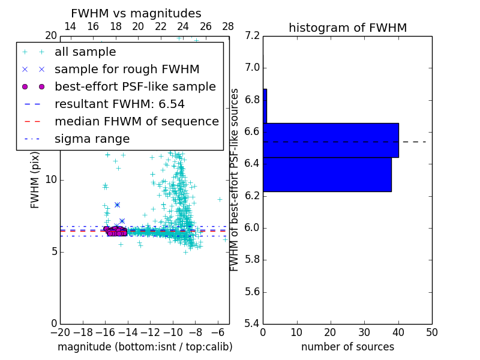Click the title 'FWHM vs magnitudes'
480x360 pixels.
coord(136,13)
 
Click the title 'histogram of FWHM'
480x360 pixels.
coord(347,28)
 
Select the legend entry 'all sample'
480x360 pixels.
coord(85,52)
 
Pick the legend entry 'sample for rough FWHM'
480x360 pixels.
coord(127,69)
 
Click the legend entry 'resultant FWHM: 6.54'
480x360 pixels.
coord(119,104)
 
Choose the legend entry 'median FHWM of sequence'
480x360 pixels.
coord(136,121)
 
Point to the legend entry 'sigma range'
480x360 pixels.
coord(92,139)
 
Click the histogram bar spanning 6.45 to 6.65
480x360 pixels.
coord(331,140)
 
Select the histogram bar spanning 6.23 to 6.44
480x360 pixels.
coord(327,175)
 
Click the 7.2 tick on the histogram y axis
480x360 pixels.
coord(253,35)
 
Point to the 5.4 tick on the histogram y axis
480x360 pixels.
coord(253,323)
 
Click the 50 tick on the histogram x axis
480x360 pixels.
coord(431,332)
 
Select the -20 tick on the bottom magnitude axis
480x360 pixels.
coord(60,332)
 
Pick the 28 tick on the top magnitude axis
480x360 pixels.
coord(228,26)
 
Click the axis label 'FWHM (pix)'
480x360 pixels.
coord(35,179)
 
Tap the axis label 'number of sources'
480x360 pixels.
coord(347,347)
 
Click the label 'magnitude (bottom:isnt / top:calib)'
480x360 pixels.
coord(145,347)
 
